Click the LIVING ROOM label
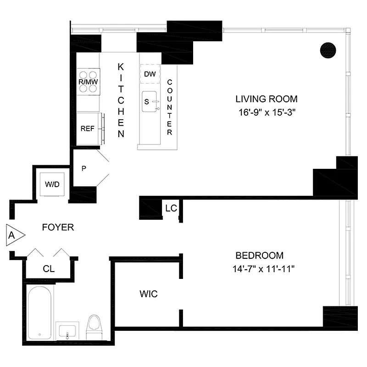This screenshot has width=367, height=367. coord(266,99)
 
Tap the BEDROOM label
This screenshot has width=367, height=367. coord(259,256)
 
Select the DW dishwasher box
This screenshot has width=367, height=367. coord(150,74)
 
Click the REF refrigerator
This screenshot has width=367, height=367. coord(88,128)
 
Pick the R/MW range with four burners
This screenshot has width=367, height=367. coord(88,82)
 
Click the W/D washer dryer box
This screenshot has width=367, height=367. coord(52,184)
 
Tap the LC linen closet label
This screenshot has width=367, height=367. coord(171,208)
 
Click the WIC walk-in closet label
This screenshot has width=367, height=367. coord(148,294)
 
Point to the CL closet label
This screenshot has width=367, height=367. coord(49,269)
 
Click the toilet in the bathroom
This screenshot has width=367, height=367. coord(94,327)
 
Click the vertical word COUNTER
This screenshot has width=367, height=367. coord(169,107)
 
